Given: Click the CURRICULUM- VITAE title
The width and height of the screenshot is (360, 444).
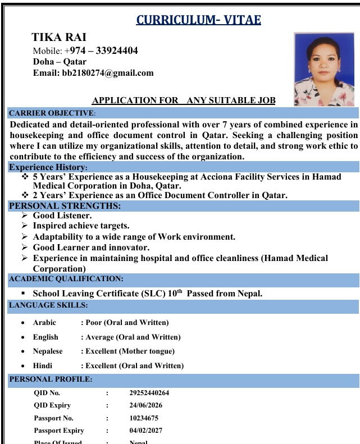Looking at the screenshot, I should [x=198, y=21].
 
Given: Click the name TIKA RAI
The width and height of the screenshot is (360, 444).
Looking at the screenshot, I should [x=58, y=38].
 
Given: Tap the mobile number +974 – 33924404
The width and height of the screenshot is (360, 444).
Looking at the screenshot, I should [x=101, y=51].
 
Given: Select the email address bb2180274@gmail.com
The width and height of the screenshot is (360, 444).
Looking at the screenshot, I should [x=107, y=73].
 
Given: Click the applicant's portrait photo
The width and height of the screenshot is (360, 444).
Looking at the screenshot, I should [x=324, y=69].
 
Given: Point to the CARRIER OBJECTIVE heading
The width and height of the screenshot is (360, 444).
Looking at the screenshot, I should [x=51, y=113].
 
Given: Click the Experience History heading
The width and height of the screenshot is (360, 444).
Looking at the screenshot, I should [x=48, y=167].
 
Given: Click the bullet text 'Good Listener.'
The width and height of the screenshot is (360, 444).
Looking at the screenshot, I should [x=62, y=216].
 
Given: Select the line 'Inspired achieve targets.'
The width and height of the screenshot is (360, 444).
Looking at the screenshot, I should [x=81, y=226].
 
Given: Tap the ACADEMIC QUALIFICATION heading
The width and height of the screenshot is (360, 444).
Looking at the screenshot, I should [x=66, y=278].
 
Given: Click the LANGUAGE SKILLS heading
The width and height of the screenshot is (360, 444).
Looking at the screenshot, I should [x=48, y=305].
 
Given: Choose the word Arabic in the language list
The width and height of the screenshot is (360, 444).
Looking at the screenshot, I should [x=44, y=323].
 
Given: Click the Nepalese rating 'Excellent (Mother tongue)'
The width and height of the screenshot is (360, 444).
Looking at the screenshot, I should [x=130, y=351].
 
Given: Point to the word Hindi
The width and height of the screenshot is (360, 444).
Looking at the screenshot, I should [x=43, y=366].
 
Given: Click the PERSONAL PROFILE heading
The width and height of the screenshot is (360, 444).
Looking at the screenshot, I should [x=51, y=379].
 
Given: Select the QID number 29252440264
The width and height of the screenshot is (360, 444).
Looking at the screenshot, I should [x=149, y=393].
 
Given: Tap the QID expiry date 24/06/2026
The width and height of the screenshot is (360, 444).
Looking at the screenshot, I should [x=145, y=405].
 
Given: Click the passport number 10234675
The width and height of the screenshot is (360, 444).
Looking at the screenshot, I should [x=144, y=418].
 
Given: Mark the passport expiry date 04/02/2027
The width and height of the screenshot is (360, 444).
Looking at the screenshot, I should [x=145, y=431].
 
